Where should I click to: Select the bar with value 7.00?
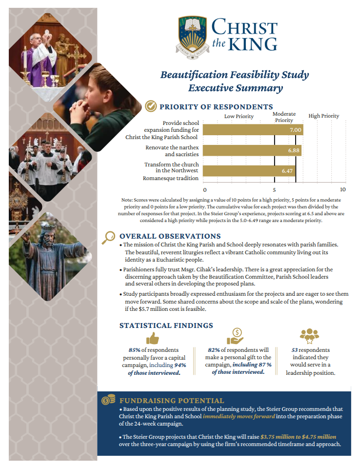pos(253,130)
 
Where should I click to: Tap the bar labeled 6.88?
pos(252,150)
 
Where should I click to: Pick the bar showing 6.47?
pos(249,171)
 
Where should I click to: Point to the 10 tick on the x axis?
pos(342,190)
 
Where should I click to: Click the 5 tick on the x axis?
pos(274,190)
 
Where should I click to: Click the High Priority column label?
pos(323,116)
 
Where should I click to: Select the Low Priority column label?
pos(239,116)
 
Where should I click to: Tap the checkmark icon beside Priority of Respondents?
pos(151,106)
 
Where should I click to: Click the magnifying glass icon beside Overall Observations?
pos(108,237)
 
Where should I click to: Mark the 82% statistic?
pos(214,350)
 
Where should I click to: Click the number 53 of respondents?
pos(295,350)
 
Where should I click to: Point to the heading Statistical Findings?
pos(166,325)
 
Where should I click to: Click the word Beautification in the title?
pos(195,75)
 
